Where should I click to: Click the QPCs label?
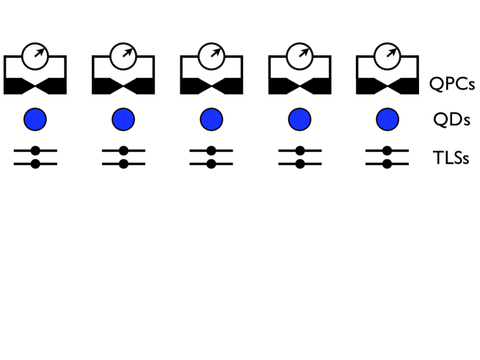coord(451,84)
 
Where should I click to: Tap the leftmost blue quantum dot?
coord(35,119)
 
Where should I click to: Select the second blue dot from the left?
coord(123,119)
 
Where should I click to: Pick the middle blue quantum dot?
coord(211,119)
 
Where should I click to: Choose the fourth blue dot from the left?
coord(299,119)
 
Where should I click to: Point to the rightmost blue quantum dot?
coord(388,119)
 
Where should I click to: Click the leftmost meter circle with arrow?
coord(34,54)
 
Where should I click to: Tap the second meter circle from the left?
coord(123,54)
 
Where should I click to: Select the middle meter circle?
coord(211,54)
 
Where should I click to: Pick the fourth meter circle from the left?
coord(299,54)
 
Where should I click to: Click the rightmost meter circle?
coord(387,54)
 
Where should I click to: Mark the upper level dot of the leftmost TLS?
coord(35,150)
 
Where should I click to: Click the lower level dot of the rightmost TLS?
coord(388,164)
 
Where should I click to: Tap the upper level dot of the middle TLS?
coord(211,150)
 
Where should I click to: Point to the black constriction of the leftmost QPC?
coord(35,85)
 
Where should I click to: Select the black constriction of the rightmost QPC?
coord(388,85)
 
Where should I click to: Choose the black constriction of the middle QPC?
coord(211,85)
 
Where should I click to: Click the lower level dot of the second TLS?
coord(123,164)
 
